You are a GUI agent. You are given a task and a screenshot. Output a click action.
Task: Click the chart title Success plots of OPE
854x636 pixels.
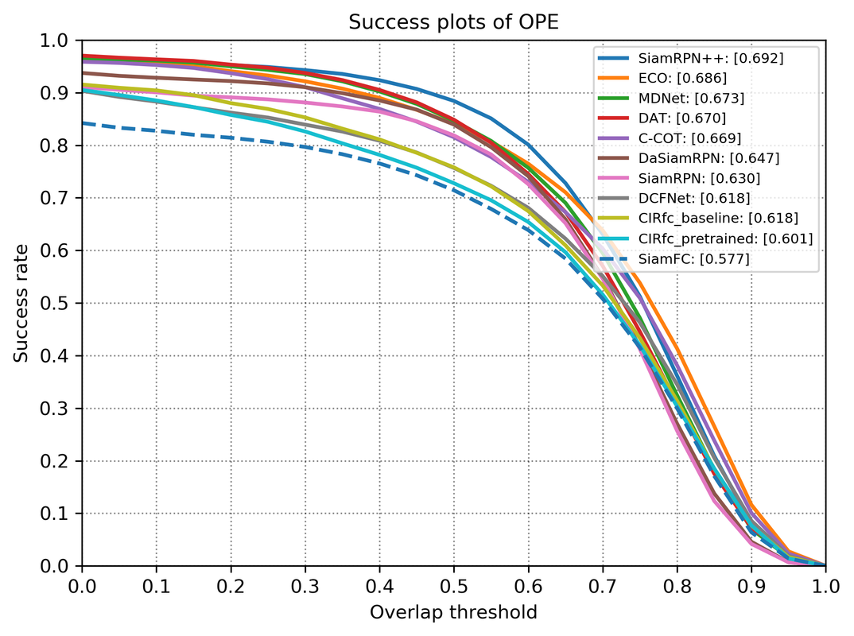click(x=453, y=22)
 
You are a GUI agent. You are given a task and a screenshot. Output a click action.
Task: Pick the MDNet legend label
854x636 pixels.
click(x=691, y=99)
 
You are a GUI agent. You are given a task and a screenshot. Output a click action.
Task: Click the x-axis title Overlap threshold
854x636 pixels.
click(x=453, y=612)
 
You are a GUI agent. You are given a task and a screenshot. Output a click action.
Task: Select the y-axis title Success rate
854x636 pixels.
click(x=21, y=303)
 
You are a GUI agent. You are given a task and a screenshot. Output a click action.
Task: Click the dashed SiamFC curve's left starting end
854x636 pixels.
click(x=83, y=123)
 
